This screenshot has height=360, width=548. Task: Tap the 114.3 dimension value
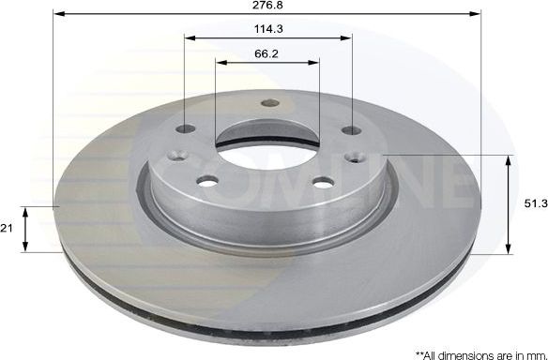267,28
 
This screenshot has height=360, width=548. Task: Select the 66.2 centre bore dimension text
267,53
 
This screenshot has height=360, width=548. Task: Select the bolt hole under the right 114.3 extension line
351,129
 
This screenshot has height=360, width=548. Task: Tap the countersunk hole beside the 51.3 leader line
358,157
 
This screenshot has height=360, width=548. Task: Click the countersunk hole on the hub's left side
174,158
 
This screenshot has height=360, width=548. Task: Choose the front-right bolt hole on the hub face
322,182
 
